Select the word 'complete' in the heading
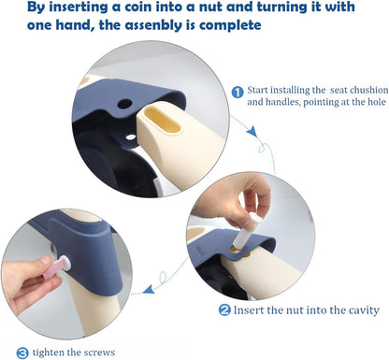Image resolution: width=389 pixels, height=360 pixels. [x=230, y=25]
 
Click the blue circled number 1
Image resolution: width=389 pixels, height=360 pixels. [x=238, y=92]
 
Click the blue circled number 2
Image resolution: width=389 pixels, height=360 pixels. [x=224, y=310]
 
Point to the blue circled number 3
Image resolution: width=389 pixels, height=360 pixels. [x=22, y=353]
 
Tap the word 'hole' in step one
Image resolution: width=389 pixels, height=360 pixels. [x=377, y=102]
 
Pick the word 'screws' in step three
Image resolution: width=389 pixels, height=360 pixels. [x=99, y=353]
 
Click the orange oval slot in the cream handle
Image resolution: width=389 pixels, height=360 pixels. [x=164, y=122]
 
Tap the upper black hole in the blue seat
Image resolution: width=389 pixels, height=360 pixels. [x=125, y=103]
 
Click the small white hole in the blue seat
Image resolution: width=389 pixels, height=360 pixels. [x=131, y=137]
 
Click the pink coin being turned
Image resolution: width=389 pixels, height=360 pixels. [x=53, y=268]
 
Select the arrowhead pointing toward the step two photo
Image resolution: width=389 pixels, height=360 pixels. [x=252, y=131]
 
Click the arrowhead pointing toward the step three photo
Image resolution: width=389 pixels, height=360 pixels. [x=149, y=289]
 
